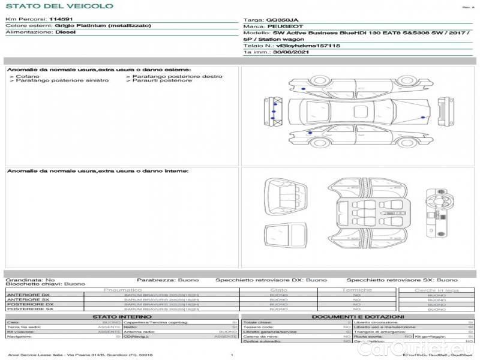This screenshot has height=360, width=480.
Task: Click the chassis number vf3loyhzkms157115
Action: tap(308, 46)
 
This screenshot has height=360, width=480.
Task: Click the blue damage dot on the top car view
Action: tap(302, 89)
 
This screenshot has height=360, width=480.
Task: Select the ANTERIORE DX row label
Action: tap(28, 295)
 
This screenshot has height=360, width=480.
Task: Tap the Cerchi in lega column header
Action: tap(436, 290)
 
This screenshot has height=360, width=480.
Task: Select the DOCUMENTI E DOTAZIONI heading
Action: tap(358, 316)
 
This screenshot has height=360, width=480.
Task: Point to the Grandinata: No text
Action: tap(31, 280)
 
